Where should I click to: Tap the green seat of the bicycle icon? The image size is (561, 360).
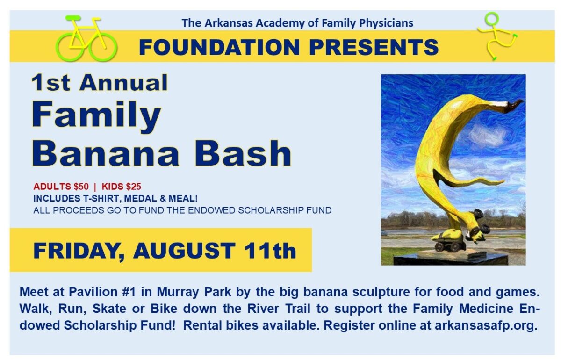tap(73, 18)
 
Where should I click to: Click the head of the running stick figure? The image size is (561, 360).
tap(491, 19)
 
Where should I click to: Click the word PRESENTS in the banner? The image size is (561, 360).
tap(374, 47)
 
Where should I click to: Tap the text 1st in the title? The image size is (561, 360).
tap(50, 83)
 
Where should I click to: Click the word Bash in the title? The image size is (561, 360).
tap(243, 153)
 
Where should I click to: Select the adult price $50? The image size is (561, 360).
tap(81, 187)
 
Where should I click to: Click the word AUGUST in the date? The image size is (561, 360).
tap(184, 251)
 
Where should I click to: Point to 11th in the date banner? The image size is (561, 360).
tap(270, 251)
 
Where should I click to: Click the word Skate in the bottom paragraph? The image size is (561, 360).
tap(109, 309)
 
